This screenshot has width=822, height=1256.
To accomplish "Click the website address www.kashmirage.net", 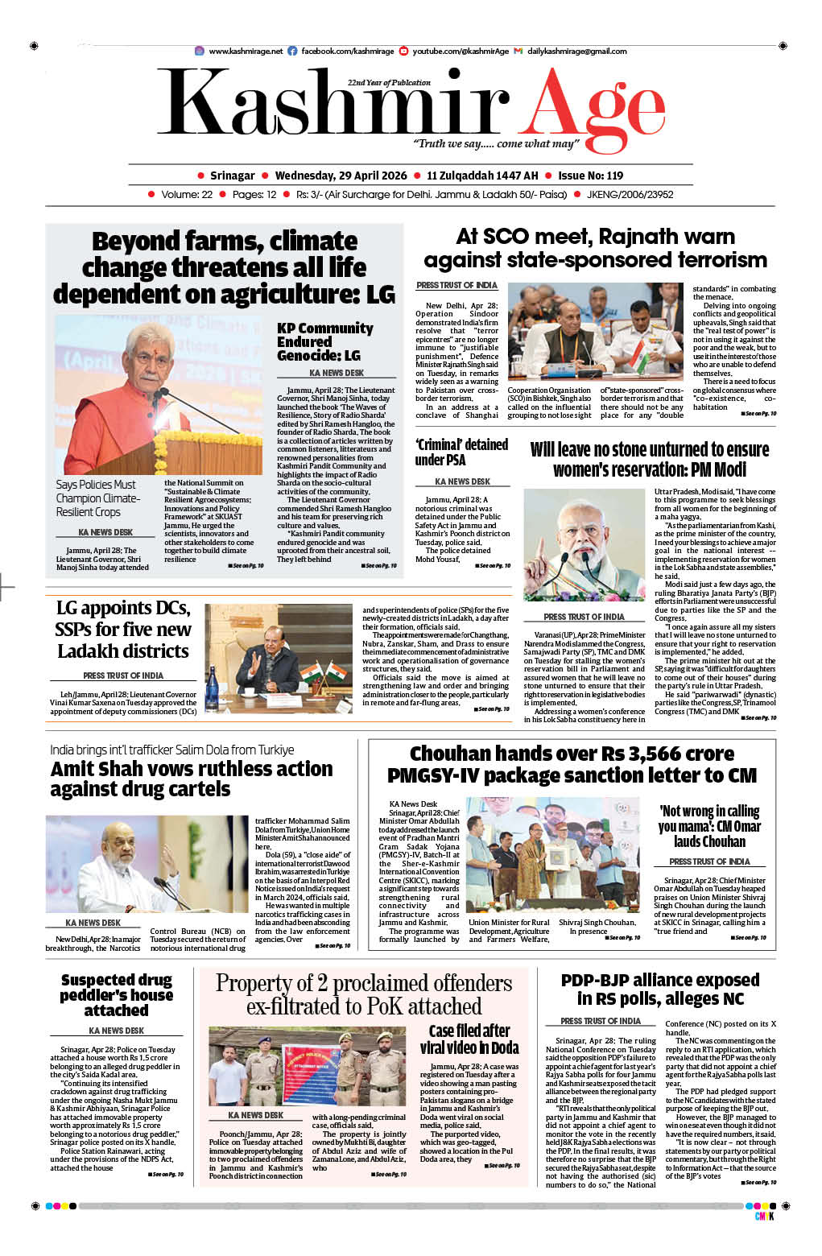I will [x=246, y=51].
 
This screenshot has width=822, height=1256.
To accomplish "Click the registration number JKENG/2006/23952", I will [x=630, y=194].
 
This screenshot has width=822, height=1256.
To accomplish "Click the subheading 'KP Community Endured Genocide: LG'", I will [x=324, y=341].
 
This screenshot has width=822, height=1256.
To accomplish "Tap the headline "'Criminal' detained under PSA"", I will [x=461, y=452].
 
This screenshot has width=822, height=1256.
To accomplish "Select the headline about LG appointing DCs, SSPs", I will [x=123, y=629].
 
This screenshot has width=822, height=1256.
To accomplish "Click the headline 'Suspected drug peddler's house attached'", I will [x=117, y=994].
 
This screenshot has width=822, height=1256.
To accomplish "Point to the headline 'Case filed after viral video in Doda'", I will [x=469, y=1039].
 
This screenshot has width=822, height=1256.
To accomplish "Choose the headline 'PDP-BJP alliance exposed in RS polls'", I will [x=659, y=989].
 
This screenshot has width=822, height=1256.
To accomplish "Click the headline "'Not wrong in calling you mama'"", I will [x=709, y=826].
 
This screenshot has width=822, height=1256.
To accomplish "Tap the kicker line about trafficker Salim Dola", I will [x=171, y=750].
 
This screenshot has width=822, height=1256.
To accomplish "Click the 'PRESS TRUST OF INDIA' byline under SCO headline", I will [x=456, y=285].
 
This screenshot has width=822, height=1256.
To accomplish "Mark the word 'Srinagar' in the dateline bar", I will [x=232, y=176].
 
